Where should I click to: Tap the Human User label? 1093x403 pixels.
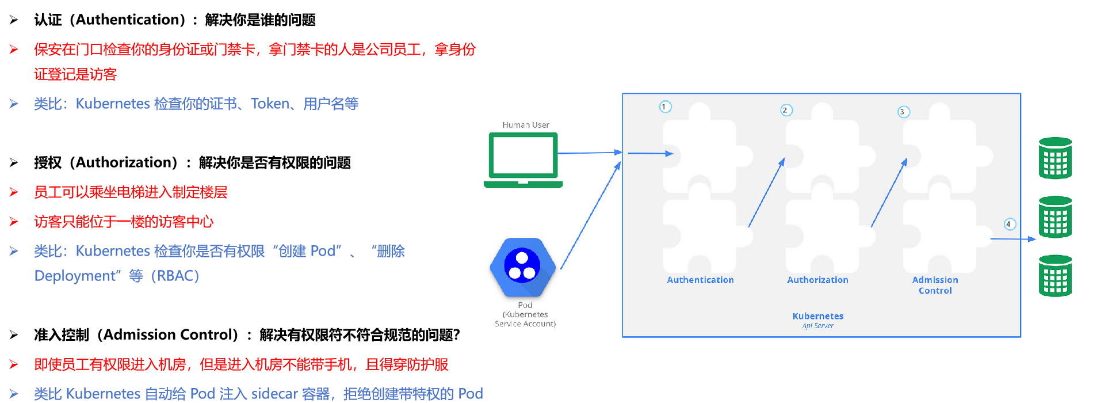click(526, 125)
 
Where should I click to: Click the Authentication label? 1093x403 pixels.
click(700, 280)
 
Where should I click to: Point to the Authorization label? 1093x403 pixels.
click(817, 280)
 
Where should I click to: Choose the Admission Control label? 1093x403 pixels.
click(935, 285)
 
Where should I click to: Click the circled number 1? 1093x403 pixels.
click(664, 107)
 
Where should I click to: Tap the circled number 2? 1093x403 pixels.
click(786, 110)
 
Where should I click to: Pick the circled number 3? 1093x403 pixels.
click(903, 112)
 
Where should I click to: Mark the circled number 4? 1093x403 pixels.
click(1009, 224)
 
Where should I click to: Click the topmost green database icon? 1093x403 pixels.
click(1055, 158)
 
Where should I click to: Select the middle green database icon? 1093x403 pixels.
click(1055, 216)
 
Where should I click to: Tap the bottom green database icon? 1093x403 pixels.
click(1055, 276)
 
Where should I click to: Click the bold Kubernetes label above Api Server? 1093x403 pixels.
click(817, 316)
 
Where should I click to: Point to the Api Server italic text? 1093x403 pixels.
click(817, 326)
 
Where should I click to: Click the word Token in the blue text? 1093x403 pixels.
click(270, 104)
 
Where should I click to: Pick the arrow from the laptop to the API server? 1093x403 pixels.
click(589, 153)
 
